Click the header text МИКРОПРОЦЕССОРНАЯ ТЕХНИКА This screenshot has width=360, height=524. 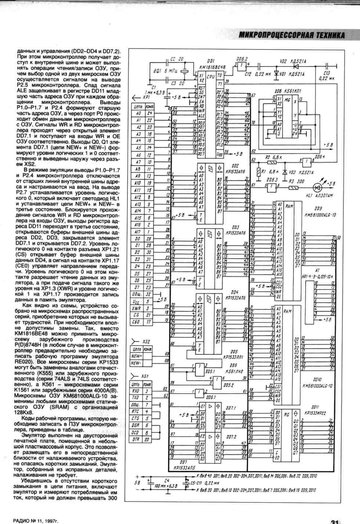[x=291, y=35]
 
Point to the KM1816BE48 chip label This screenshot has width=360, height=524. [x=212, y=67]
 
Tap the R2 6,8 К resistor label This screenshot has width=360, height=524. [x=273, y=157]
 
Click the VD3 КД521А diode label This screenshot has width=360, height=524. [x=298, y=172]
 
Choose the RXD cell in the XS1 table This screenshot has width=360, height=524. [x=136, y=391]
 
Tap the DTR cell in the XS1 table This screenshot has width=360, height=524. [x=136, y=440]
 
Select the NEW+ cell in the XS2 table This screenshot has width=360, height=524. [x=137, y=356]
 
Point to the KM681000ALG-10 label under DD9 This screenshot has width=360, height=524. [x=318, y=215]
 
